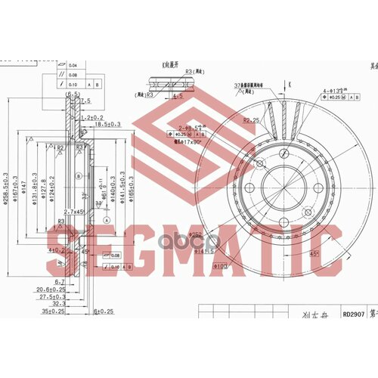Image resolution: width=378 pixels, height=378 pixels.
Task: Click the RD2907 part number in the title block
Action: pos(352,317)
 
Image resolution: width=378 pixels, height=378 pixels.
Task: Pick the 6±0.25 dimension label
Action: pos(102,311)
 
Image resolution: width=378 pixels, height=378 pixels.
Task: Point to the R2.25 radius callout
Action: pos(252,120)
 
